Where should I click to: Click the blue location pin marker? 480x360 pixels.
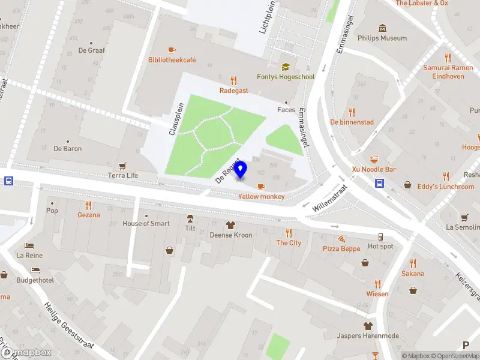[241, 170]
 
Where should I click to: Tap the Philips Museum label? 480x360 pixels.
[382, 38]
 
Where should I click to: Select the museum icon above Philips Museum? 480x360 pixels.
[382, 28]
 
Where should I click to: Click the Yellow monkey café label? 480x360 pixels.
[261, 197]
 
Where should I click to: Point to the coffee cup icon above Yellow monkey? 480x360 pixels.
[261, 187]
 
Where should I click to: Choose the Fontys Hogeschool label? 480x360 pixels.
[286, 77]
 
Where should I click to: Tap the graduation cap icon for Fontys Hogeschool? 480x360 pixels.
[286, 67]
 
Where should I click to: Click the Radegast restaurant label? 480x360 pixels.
[234, 91]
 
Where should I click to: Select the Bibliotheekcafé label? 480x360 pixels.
[172, 60]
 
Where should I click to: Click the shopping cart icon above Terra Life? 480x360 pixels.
[123, 166]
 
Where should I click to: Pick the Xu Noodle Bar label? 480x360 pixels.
[374, 170]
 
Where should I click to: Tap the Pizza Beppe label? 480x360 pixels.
[341, 248]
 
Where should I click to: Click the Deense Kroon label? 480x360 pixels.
[230, 235]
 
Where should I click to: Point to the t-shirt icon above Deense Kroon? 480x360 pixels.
[230, 225]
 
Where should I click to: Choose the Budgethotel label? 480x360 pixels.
[35, 280]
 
